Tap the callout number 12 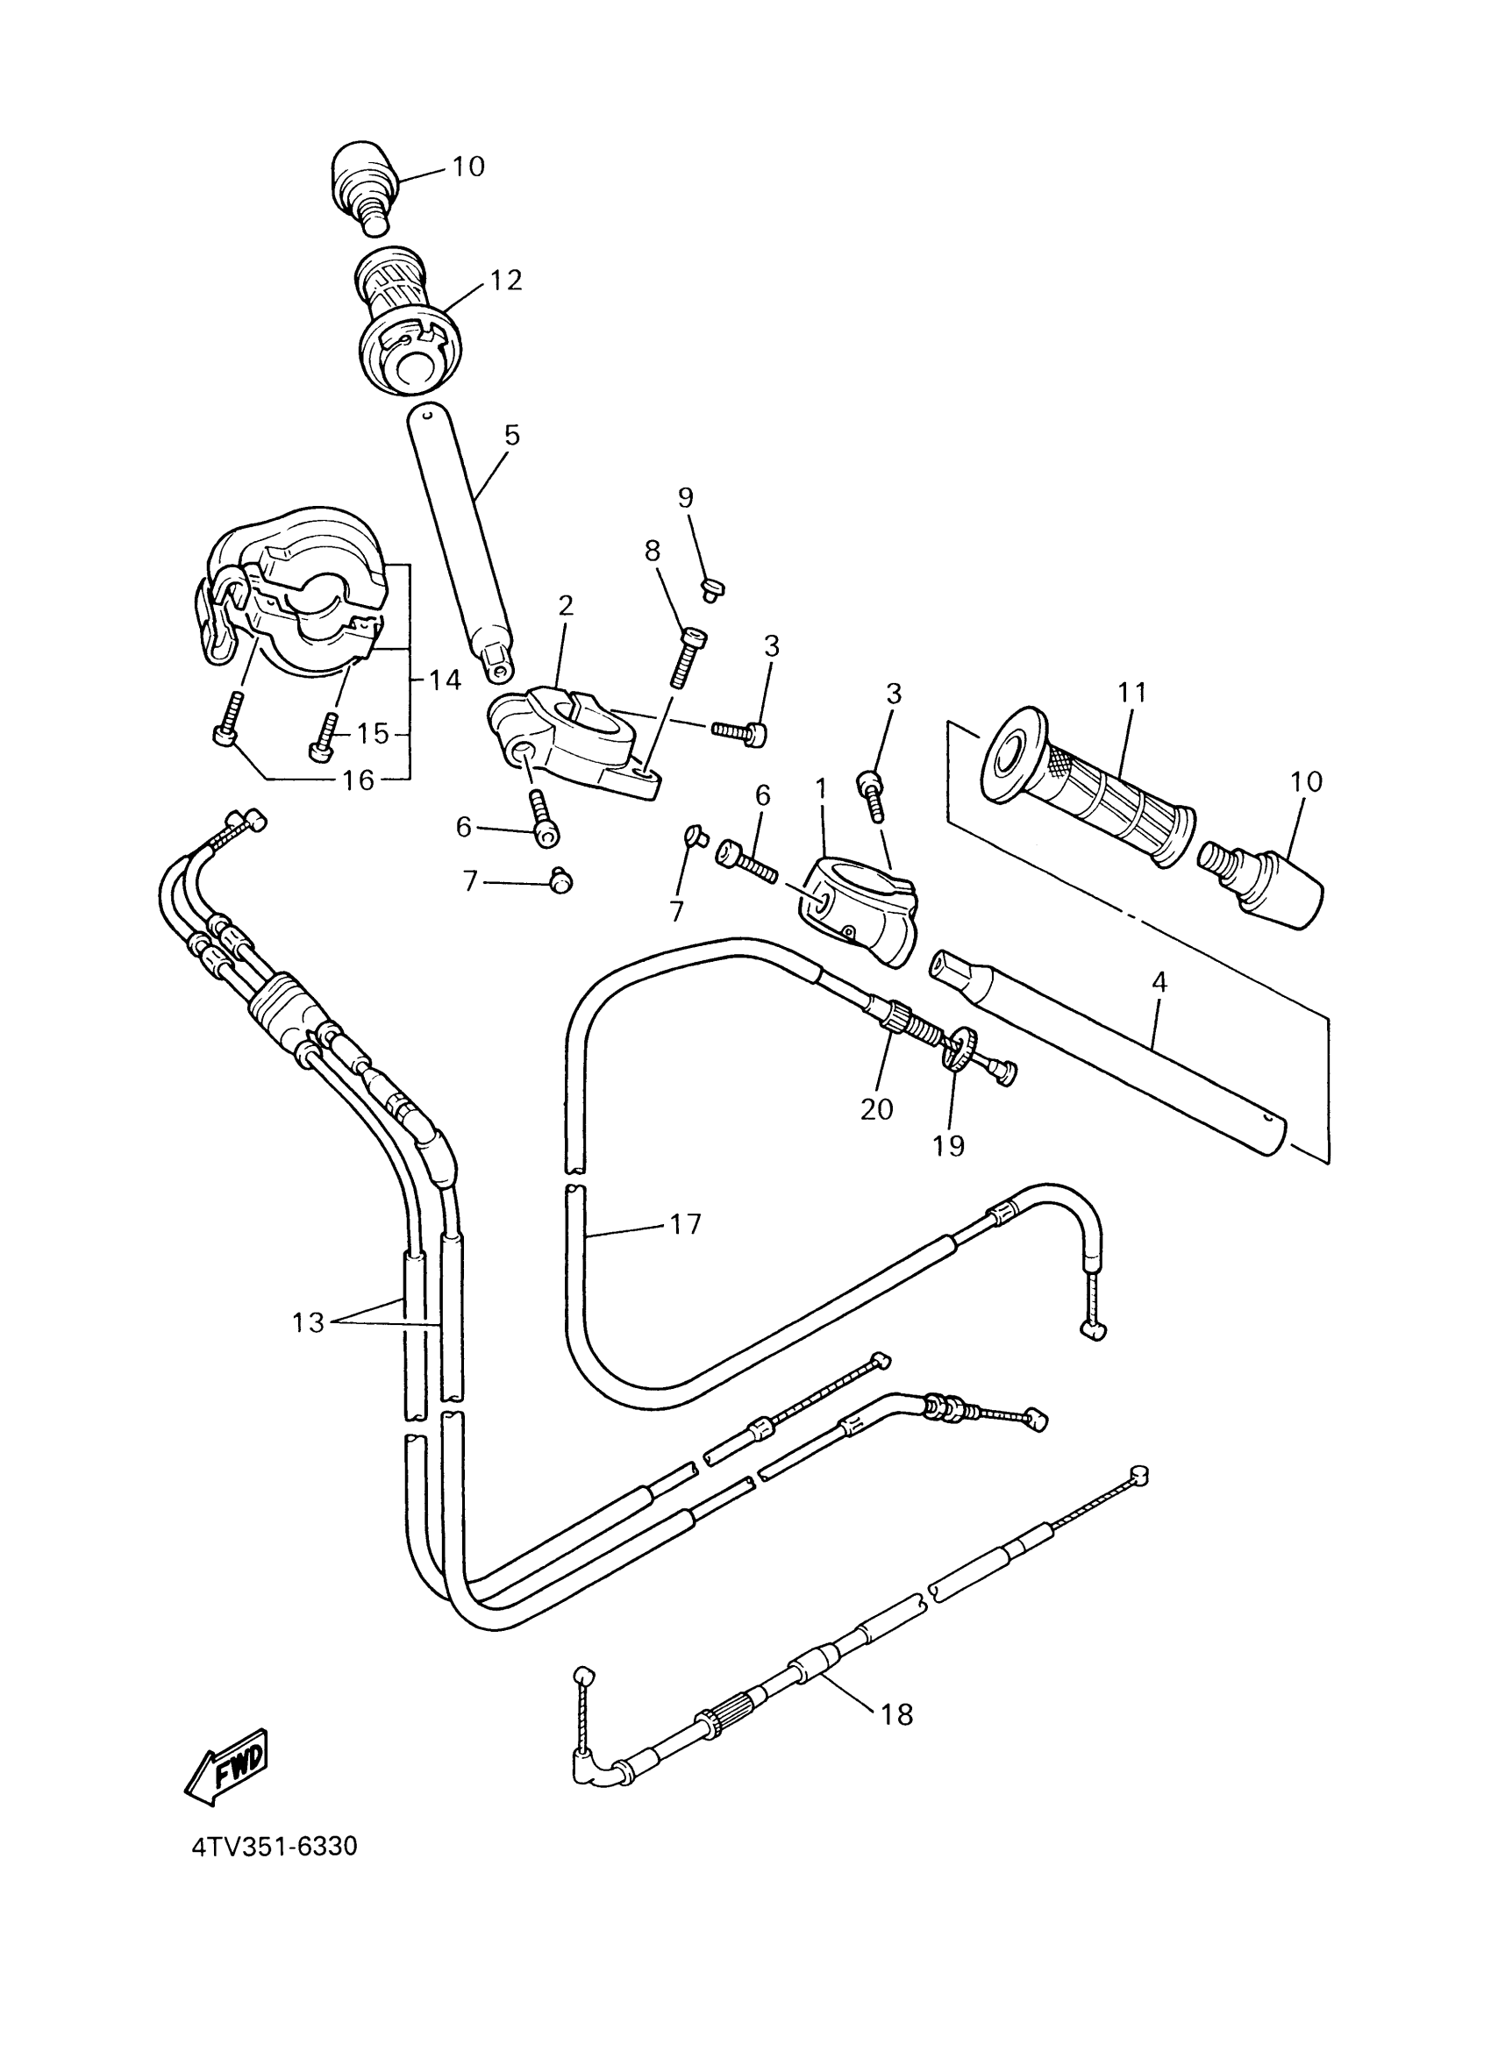[x=506, y=281]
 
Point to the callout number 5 [x=512, y=436]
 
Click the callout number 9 [x=685, y=497]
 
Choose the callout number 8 [x=653, y=551]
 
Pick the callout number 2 [x=566, y=605]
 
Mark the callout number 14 [x=445, y=680]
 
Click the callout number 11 [x=1133, y=693]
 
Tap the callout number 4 [x=1159, y=982]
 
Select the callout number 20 [x=877, y=1109]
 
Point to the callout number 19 [x=948, y=1146]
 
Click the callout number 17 [x=686, y=1224]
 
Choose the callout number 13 [x=308, y=1323]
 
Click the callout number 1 [x=821, y=789]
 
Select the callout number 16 [x=360, y=780]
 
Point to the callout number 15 [x=372, y=733]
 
